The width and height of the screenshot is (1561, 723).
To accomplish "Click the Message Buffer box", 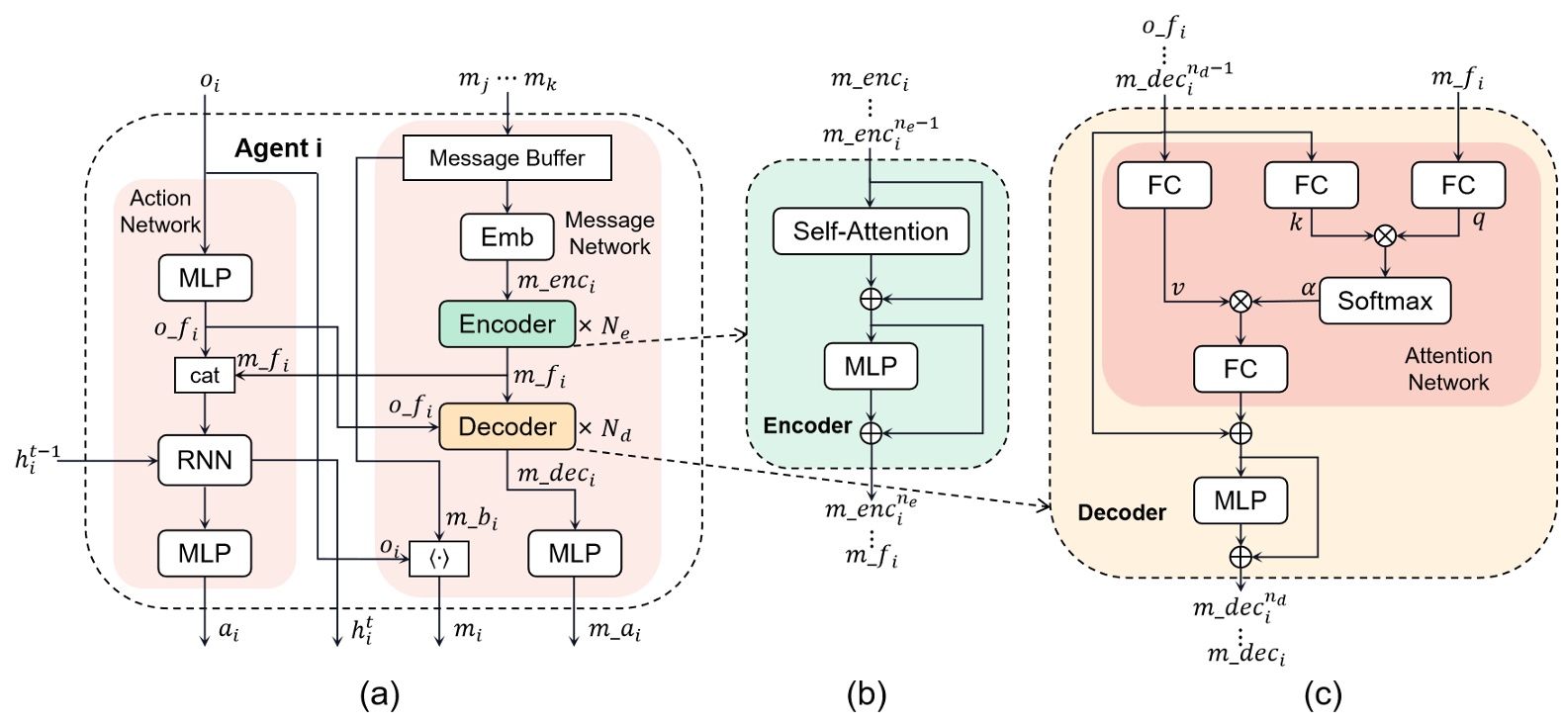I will (x=506, y=158).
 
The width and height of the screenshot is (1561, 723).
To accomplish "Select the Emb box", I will (x=506, y=237).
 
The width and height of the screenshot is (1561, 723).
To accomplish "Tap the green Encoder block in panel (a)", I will (x=506, y=324).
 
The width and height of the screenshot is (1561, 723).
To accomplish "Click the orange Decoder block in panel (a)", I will (x=506, y=426).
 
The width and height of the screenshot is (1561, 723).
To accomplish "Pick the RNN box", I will (x=205, y=460).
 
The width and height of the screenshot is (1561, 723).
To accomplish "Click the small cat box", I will (x=205, y=376).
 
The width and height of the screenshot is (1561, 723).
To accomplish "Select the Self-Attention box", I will (x=871, y=231).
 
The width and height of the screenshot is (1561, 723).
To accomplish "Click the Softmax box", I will (x=1384, y=301).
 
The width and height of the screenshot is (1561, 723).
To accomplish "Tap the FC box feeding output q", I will (x=1457, y=185).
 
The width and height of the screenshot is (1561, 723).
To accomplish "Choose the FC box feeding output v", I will (x=1163, y=185).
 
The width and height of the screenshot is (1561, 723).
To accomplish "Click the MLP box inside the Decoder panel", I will (x=1240, y=501).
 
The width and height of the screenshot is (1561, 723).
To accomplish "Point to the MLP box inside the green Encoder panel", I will (x=871, y=367).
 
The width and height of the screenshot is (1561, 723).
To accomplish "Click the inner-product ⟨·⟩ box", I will (x=439, y=559).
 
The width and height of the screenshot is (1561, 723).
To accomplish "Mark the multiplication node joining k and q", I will (x=1385, y=235).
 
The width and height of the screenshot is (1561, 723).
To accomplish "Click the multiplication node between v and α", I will (x=1240, y=302).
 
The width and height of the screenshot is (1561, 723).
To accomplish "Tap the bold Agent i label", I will (x=278, y=148).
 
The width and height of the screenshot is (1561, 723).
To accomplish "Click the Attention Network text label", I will (x=1448, y=369).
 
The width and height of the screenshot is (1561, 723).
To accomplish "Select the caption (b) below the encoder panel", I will (x=867, y=695).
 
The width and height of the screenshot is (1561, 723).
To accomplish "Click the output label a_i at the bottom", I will (x=229, y=630).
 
